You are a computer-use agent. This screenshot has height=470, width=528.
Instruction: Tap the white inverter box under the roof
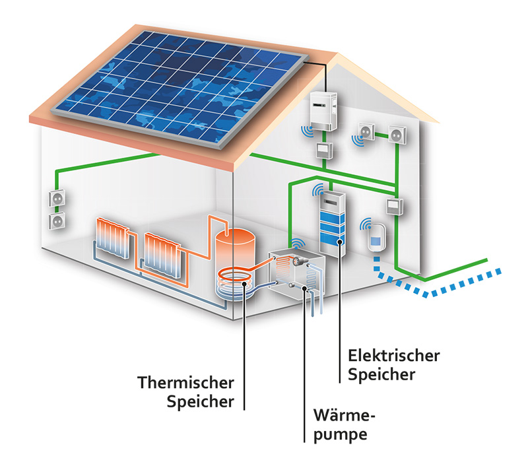tap(322, 109)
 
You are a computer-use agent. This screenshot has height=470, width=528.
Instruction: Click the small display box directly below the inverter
tap(323, 149)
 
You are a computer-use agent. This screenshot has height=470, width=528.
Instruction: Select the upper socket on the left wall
tap(55, 198)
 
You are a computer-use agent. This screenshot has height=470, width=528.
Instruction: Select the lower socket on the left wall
tap(56, 220)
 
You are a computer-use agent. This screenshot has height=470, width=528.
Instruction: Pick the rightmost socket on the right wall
tap(396, 134)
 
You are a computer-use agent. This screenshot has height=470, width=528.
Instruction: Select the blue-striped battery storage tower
tap(332, 221)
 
